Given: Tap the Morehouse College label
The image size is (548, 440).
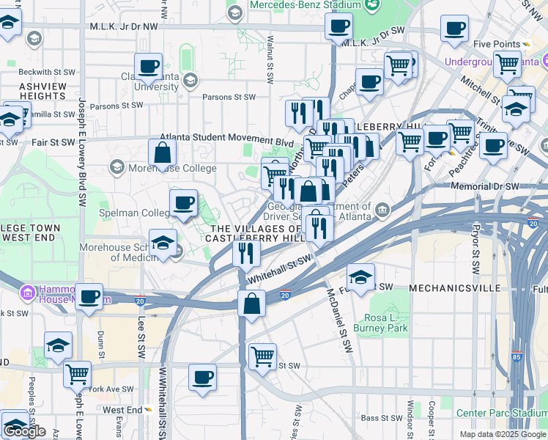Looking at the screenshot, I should [173, 168].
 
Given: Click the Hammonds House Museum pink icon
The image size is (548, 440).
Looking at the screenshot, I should [29, 293].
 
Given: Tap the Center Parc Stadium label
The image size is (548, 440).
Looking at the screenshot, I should [503, 413].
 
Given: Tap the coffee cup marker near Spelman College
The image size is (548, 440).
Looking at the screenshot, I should [183, 202].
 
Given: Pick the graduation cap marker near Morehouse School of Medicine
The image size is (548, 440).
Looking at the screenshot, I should [163, 243].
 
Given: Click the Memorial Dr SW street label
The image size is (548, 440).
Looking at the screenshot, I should [481, 186].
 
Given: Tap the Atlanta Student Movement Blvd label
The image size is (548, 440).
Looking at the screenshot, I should [227, 137].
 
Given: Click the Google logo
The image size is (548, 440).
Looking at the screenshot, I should [24, 431].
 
